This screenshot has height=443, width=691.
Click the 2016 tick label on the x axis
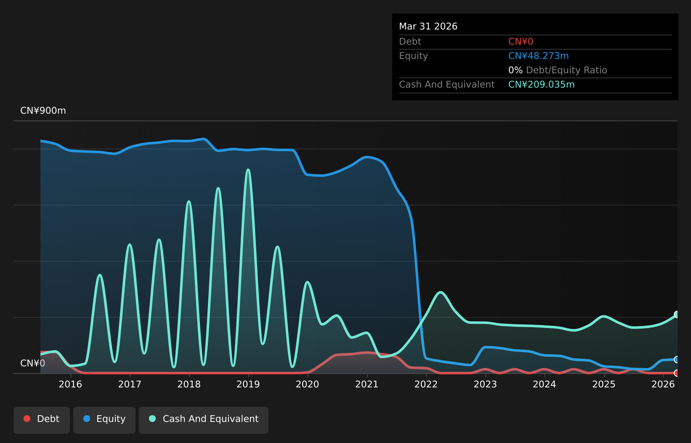tap(70, 384)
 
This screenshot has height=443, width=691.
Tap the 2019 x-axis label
tap(248, 384)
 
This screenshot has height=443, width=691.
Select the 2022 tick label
tap(426, 384)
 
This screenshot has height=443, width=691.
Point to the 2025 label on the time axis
tap(604, 384)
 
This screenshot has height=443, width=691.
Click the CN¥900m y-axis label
tap(43, 110)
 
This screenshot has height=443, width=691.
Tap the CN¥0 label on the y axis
tap(33, 363)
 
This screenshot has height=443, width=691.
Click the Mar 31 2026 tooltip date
tap(428, 27)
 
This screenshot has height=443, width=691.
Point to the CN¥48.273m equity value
tap(539, 56)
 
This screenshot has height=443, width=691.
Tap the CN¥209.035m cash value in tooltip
tap(541, 85)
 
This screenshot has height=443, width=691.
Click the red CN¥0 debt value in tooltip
tap(521, 42)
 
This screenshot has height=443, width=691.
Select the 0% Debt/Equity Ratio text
tap(558, 70)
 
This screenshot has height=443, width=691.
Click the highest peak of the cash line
tap(248, 169)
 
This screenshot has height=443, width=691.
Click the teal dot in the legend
tap(152, 419)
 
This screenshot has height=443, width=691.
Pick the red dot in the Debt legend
tap(27, 419)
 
